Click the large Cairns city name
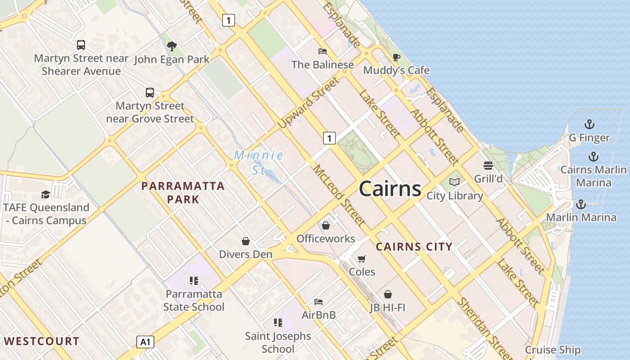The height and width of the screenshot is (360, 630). point(390,189)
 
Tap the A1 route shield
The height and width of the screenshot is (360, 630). point(145,342)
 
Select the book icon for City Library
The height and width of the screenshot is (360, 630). point(454,182)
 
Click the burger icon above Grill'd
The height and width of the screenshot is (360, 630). point(488,165)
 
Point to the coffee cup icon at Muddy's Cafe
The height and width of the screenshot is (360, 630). point(396,57)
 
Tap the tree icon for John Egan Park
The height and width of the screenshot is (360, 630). point(171,46)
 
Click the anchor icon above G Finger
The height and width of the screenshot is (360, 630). point(589,124)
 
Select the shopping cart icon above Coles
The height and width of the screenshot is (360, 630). point(361,258)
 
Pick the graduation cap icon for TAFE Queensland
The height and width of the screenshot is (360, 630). point(45,194)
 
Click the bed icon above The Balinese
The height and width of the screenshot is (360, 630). point(322,51)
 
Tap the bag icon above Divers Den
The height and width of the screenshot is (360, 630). point(245,241)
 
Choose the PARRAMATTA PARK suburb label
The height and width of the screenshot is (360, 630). point(183,193)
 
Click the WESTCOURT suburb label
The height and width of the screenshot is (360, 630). point(41,341)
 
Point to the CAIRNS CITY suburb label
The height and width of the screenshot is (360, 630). point(414,247)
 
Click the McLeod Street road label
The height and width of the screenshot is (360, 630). point(339,195)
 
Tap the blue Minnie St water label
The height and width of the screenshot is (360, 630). point(258,162)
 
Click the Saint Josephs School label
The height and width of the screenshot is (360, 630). point(278,342)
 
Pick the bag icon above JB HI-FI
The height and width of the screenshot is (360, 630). point(387,294)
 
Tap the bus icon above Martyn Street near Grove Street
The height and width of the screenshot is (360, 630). point(150,93)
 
